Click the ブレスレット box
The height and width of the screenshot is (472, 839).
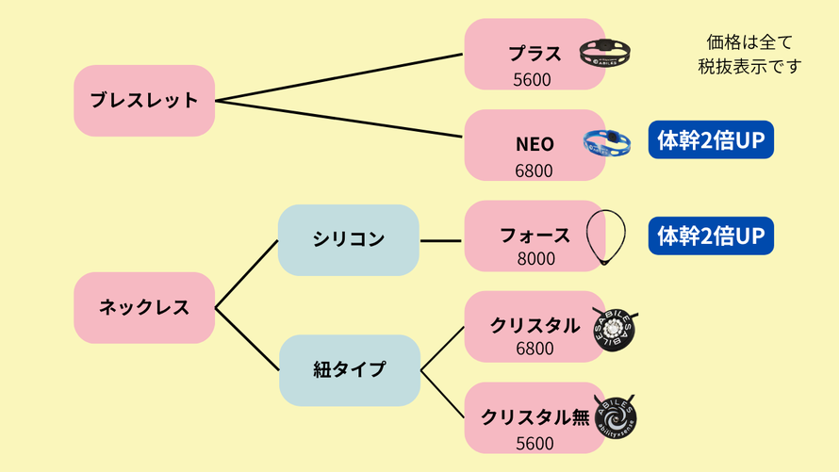[x=144, y=100]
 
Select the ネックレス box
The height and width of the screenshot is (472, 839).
[x=144, y=307]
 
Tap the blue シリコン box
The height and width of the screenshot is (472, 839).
[x=349, y=239]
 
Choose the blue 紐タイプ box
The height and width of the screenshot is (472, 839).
[x=349, y=369]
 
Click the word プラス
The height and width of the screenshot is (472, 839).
[x=535, y=54]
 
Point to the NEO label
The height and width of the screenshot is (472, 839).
[x=535, y=145]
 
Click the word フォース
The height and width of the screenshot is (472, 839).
[x=535, y=236]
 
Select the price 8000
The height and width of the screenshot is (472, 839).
[x=535, y=258]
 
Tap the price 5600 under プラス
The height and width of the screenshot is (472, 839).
[x=533, y=80]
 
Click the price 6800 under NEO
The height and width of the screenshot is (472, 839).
[x=535, y=171]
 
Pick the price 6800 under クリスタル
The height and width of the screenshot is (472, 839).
[x=535, y=349]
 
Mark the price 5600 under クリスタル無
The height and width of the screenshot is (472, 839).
[x=535, y=442]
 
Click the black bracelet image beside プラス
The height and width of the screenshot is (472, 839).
[x=604, y=52]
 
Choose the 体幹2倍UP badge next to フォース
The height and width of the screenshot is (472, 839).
[x=710, y=236]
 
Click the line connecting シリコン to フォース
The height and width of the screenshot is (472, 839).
[x=441, y=240]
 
